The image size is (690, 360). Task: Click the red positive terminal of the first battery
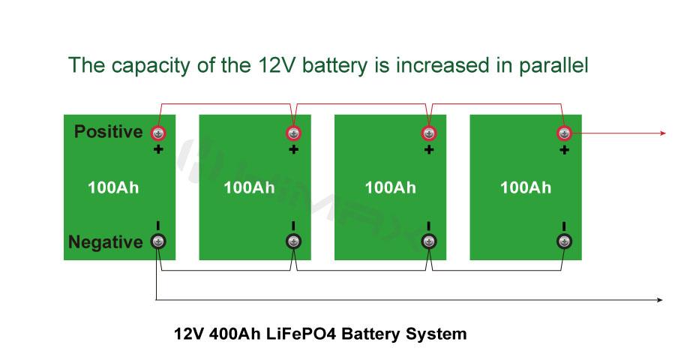pyautogui.click(x=158, y=133)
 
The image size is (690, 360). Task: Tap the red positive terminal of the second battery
pyautogui.click(x=293, y=133)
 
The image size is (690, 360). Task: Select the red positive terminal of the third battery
pyautogui.click(x=428, y=133)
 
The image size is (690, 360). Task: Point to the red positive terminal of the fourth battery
pyautogui.click(x=564, y=133)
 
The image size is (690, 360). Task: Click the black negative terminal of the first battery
pyautogui.click(x=158, y=241)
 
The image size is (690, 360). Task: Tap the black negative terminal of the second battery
pyautogui.click(x=293, y=241)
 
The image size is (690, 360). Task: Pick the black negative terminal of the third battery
pyautogui.click(x=428, y=241)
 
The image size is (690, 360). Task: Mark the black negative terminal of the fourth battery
pyautogui.click(x=564, y=241)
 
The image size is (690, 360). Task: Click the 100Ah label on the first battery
pyautogui.click(x=113, y=187)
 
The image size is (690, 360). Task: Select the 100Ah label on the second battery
pyautogui.click(x=249, y=187)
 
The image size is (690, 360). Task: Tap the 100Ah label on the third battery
pyautogui.click(x=390, y=187)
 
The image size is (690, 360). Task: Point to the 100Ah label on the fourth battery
pyautogui.click(x=526, y=187)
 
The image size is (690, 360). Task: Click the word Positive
pyautogui.click(x=108, y=132)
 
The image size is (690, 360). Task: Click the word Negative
pyautogui.click(x=105, y=242)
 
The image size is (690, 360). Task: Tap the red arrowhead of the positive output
pyautogui.click(x=663, y=133)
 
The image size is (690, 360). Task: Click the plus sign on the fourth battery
pyautogui.click(x=564, y=150)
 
